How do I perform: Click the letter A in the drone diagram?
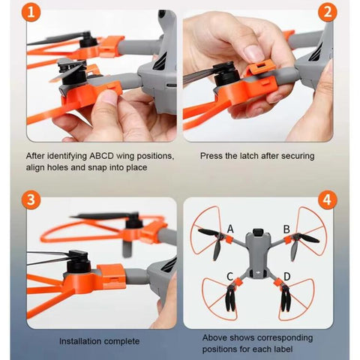[x=230, y=228]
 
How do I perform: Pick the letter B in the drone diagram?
[x=286, y=229]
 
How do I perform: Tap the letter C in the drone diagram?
[x=229, y=277]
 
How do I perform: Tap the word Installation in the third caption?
[x=83, y=341]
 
